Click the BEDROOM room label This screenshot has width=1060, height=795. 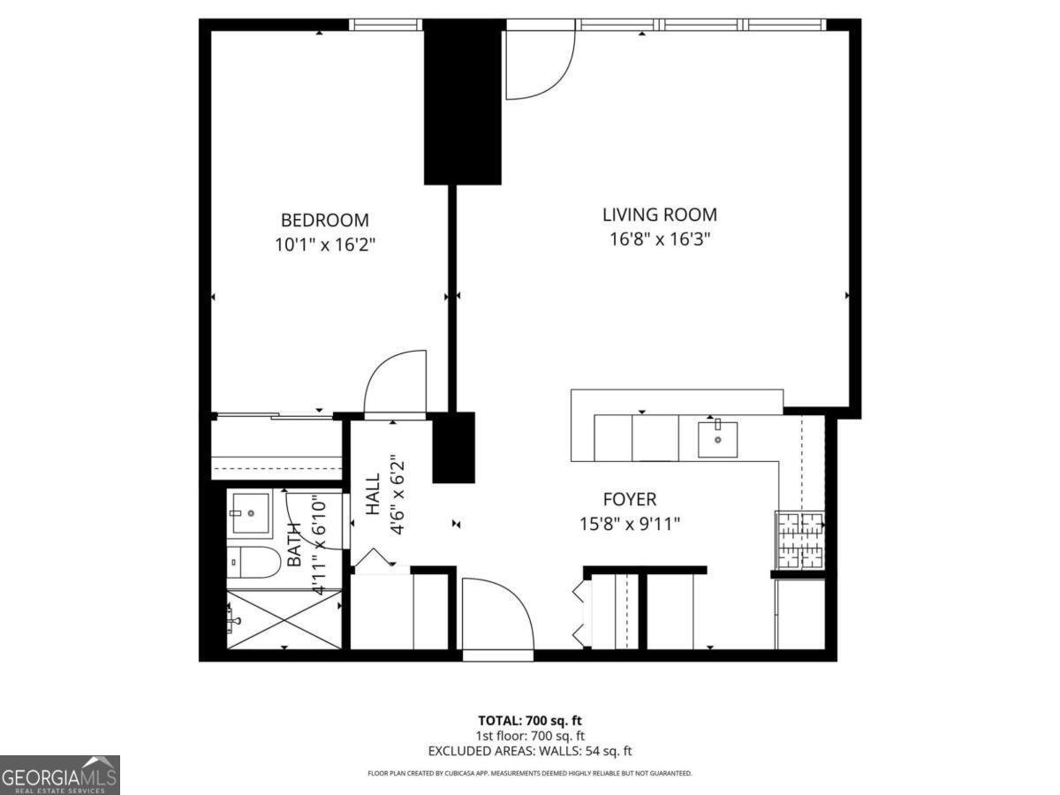coord(324,220)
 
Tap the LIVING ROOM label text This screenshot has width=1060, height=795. coord(659,215)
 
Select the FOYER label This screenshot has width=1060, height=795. coord(630,500)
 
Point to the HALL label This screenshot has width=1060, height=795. coord(373,494)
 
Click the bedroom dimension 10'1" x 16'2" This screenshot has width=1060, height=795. coord(324,245)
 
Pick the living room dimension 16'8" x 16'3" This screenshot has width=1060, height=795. coord(659,238)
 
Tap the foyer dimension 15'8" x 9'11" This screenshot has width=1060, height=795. coord(630,524)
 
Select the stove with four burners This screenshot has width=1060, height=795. coord(799,540)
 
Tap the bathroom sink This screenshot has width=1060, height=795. coord(249,512)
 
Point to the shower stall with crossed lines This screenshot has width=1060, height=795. coord(284,618)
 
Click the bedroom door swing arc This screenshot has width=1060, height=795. coord(394,382)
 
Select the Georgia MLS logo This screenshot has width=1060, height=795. coord(59,775)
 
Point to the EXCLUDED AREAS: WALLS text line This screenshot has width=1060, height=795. coord(530,752)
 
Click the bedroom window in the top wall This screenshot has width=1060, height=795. coord(385,25)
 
